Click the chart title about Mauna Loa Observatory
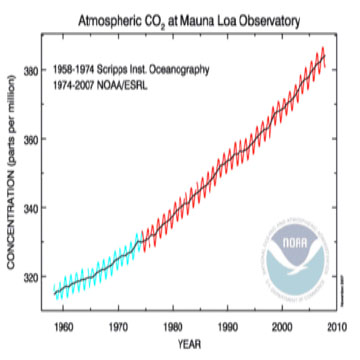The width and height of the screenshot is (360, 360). click(180, 18)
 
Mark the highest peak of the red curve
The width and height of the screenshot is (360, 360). click(322, 48)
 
